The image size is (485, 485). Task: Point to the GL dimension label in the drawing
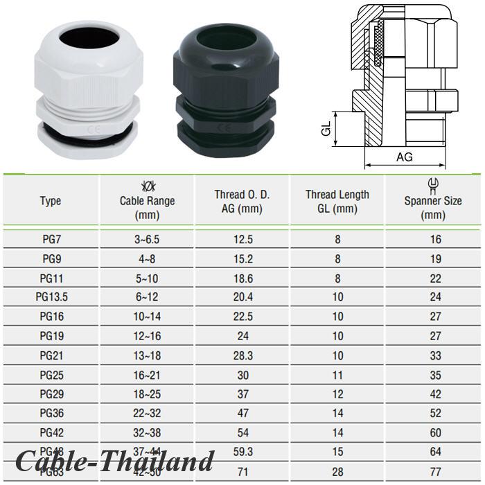(326, 130)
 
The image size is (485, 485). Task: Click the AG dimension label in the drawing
(405, 157)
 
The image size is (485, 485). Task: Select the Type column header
(51, 201)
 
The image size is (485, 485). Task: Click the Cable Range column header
(147, 201)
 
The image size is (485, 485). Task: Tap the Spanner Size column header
(433, 201)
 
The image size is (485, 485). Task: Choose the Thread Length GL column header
(337, 201)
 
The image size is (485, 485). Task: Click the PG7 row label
(51, 240)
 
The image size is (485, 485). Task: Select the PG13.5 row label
(51, 297)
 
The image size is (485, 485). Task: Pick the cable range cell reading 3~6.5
(147, 240)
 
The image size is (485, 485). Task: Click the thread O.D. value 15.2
(242, 259)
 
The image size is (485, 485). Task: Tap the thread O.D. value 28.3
(242, 355)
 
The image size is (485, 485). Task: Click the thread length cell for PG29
(337, 394)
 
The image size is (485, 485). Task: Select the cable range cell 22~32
(147, 414)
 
